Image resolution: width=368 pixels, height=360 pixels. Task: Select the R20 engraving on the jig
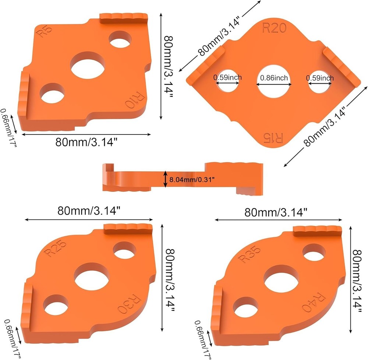273,29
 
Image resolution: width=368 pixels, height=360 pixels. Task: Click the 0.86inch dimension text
274,78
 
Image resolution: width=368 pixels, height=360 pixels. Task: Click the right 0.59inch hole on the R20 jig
319,81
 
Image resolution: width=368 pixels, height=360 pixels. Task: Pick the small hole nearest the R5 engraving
121,39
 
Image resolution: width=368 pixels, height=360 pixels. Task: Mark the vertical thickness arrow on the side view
165,179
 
